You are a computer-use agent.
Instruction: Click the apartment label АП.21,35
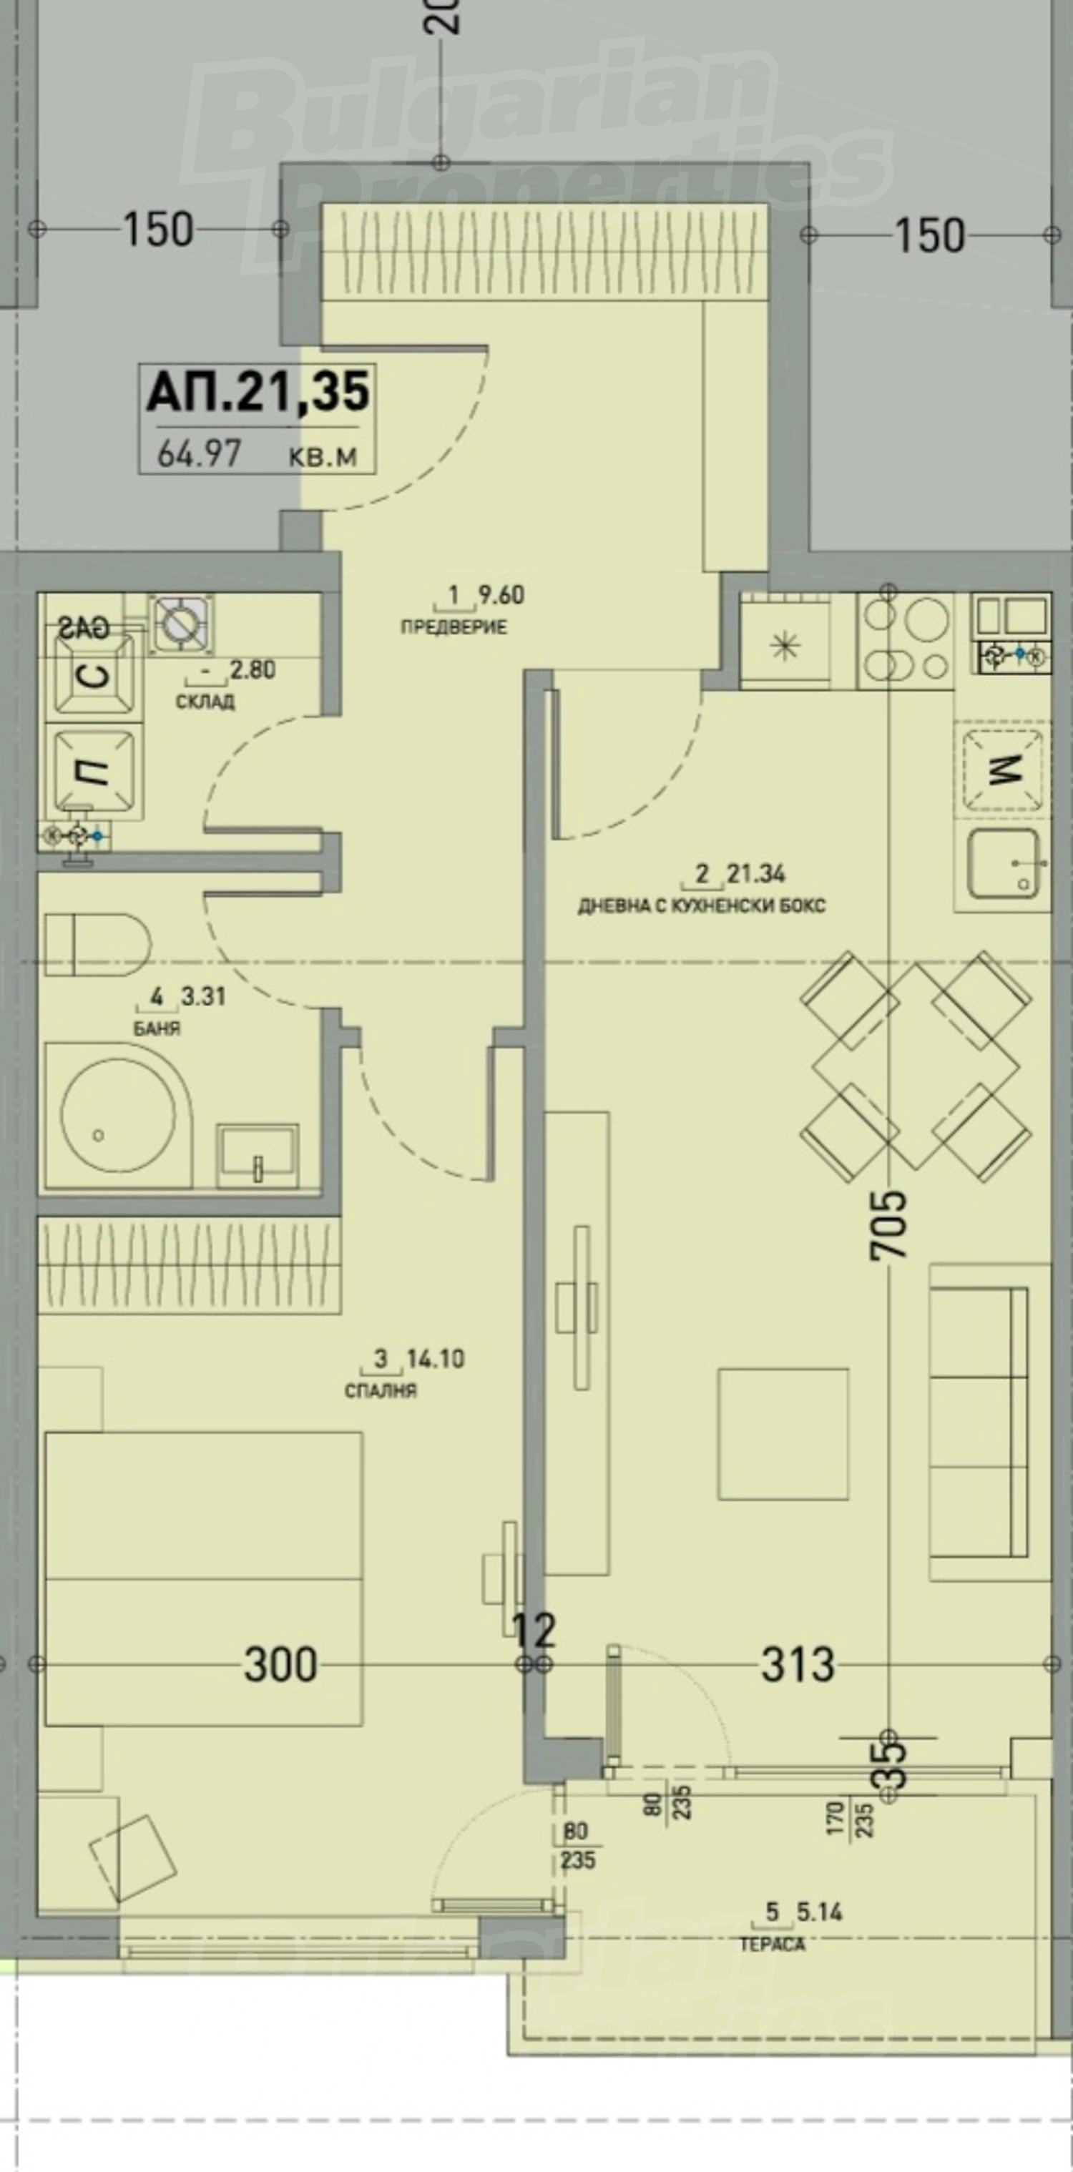[258, 393]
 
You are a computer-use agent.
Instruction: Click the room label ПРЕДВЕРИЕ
[453, 627]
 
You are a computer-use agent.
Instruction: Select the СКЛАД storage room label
[205, 702]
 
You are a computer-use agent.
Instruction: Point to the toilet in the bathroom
[97, 943]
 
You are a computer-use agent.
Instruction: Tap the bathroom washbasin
[258, 1155]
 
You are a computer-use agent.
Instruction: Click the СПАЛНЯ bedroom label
[381, 1390]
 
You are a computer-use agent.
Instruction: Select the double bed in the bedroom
[203, 1577]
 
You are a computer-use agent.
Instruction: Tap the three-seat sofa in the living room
[979, 1422]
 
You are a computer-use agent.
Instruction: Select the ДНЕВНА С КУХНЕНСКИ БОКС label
[701, 906]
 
